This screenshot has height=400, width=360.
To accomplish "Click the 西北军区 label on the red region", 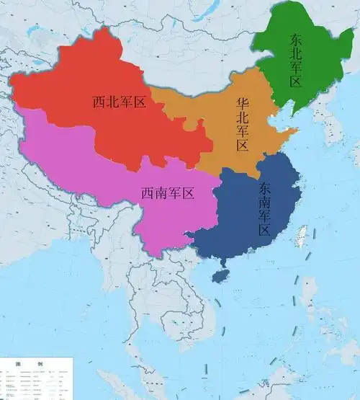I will [x=119, y=102].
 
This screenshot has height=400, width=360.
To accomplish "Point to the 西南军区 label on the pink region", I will [x=167, y=192].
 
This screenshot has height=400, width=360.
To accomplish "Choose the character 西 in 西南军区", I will [x=147, y=192].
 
